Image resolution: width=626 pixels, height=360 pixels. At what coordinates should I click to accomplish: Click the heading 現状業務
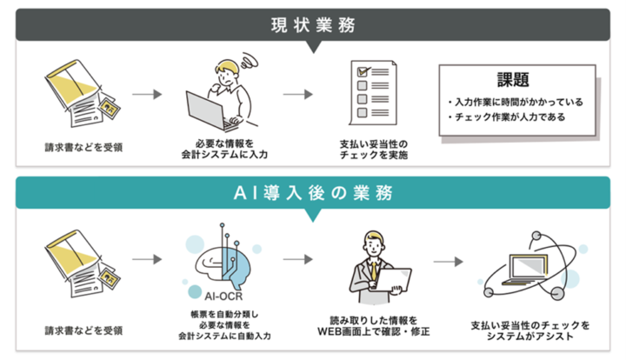point(312,23)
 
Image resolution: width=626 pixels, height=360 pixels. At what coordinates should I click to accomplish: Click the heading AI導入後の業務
point(312,192)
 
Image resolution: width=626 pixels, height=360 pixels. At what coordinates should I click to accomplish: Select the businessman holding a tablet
point(374,265)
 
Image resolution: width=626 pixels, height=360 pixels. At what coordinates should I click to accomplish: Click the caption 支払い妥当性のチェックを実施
point(373,150)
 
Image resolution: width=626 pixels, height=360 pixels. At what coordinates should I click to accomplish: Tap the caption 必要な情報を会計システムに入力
point(222,150)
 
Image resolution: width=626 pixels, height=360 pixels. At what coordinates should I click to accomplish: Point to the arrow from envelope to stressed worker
point(147,91)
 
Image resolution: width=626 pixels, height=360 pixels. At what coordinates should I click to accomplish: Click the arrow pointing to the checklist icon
point(297,91)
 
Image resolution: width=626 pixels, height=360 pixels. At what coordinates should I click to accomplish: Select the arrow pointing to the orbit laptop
point(448,259)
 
